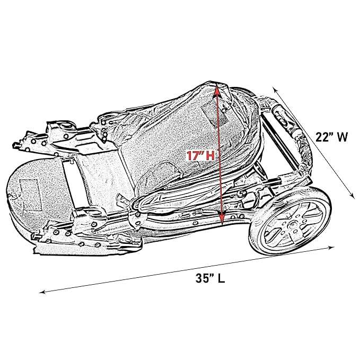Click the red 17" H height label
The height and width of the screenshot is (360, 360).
click(200, 155)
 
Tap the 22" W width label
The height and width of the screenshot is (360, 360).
click(331, 137)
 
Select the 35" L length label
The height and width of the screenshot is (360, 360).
click(210, 278)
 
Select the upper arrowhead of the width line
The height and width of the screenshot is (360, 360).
click(275, 89)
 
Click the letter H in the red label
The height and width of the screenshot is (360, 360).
click(210, 156)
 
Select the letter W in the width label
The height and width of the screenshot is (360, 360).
click(343, 137)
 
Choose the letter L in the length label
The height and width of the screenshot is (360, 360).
click(221, 278)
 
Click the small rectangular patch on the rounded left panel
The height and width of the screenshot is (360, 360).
click(31, 195)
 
